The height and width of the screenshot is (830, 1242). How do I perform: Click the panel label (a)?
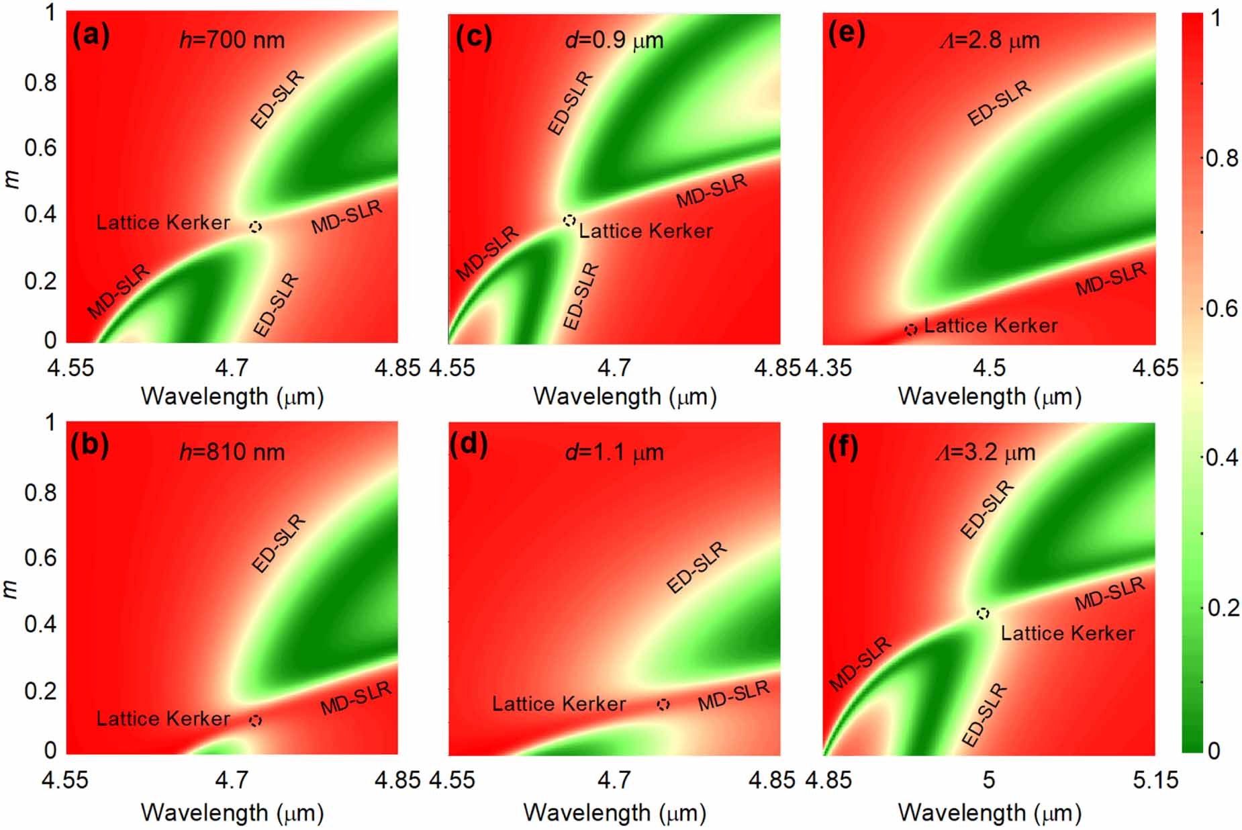(91, 36)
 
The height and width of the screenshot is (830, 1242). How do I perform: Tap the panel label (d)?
(469, 446)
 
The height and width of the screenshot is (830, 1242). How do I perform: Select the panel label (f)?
(843, 447)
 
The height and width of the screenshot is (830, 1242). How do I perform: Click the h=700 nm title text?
(232, 40)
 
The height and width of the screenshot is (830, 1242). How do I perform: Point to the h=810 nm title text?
(232, 452)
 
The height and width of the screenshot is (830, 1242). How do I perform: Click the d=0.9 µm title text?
(614, 40)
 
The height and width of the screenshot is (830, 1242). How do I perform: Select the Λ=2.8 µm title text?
(988, 40)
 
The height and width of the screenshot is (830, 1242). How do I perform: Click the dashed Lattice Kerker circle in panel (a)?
(255, 227)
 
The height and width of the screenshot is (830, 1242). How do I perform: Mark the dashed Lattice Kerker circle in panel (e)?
(910, 330)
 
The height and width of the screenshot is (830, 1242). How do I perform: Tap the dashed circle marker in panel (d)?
(663, 704)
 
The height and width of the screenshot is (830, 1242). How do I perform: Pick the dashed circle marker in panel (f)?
(983, 613)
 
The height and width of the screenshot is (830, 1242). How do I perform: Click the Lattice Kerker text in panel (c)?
(645, 232)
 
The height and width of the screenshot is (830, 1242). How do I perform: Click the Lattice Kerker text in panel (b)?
(163, 719)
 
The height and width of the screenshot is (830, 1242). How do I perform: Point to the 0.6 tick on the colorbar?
(1220, 308)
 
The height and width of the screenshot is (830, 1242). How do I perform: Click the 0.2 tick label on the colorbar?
(1220, 608)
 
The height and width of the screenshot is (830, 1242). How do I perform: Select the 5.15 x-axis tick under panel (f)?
(1155, 780)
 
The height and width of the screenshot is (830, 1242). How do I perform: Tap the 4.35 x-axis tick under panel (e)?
(828, 368)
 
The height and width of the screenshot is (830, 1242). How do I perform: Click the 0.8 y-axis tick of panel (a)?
(40, 83)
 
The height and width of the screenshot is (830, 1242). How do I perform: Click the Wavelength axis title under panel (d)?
(614, 813)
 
